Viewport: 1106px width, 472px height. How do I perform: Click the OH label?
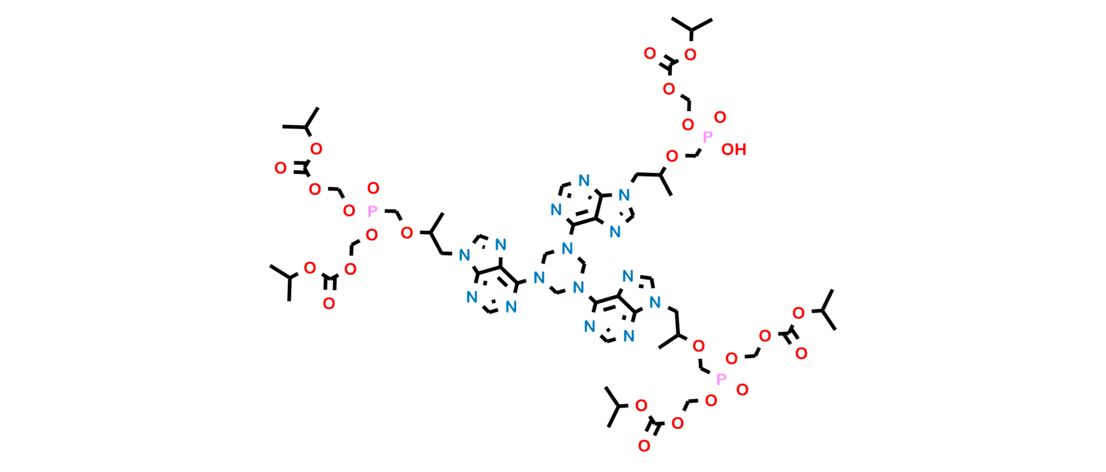coord(733,149)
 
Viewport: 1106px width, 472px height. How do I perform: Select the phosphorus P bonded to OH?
coord(708,136)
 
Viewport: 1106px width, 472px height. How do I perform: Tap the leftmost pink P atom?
coord(373,211)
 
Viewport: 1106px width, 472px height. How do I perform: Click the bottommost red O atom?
coord(644,446)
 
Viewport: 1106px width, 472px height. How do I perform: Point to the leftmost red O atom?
coord(281,168)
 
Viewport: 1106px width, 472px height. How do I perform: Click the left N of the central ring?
coord(538,277)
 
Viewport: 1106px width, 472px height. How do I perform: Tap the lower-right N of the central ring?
coord(579,288)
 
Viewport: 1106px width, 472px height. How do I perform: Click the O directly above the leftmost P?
coord(373,188)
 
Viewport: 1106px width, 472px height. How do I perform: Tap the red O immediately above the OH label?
coord(721,117)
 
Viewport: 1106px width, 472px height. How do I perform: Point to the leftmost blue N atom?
coord(463,256)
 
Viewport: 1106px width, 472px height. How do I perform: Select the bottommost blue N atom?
coord(630,336)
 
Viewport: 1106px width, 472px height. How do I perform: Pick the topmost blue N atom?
coord(584,181)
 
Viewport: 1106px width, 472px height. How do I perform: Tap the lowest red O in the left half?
coord(329,304)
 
